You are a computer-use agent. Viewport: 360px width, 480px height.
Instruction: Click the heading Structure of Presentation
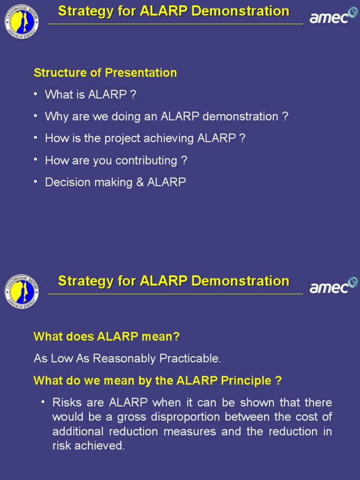pos(105,73)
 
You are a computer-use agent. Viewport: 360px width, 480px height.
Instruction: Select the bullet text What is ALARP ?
pos(90,95)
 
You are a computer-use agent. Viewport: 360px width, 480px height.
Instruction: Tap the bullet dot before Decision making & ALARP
pos(36,181)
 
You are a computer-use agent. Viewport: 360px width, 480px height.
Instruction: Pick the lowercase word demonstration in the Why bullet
pos(242,117)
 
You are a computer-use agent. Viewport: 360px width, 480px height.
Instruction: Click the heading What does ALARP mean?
pos(106,337)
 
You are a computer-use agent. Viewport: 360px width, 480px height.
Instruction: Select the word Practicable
pos(190,359)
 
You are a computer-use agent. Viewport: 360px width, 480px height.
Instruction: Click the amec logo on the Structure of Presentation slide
pos(333,16)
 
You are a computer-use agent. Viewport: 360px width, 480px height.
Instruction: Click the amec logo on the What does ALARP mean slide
pos(333,285)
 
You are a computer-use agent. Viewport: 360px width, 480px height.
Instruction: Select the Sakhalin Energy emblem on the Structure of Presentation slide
pos(22,22)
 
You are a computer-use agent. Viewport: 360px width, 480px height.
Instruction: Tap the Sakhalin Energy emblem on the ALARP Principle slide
pos(22,291)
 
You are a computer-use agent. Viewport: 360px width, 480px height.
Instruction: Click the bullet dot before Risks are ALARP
pos(43,402)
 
